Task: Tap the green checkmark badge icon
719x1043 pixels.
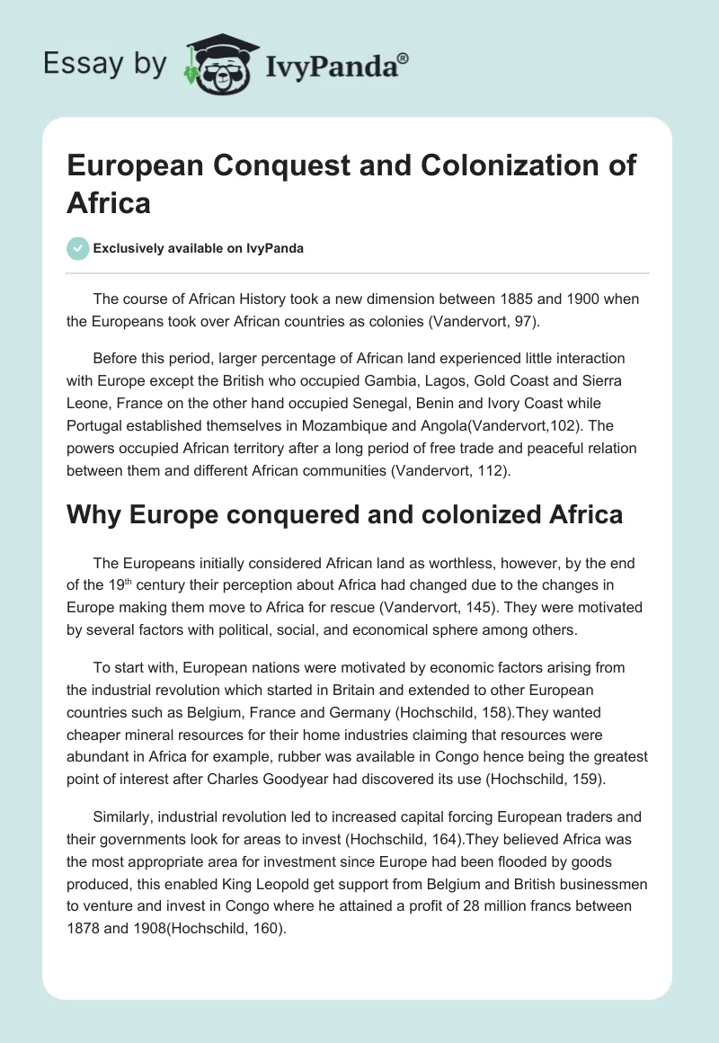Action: pyautogui.click(x=78, y=248)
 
